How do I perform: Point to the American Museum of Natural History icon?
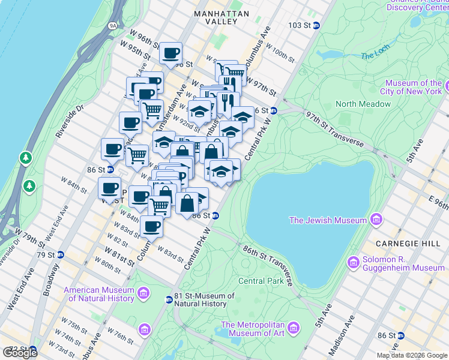pyautogui.click(x=143, y=293)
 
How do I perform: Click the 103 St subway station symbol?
pyautogui.click(x=316, y=25)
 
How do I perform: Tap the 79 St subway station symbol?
pyautogui.click(x=60, y=255)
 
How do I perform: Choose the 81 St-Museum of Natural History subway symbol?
pyautogui.click(x=169, y=299)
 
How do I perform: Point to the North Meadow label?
pyautogui.click(x=363, y=104)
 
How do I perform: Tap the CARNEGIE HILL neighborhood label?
pyautogui.click(x=400, y=244)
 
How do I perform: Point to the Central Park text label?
pyautogui.click(x=261, y=281)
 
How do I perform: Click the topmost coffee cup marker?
pyautogui.click(x=171, y=53)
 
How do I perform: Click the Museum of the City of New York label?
pyautogui.click(x=414, y=87)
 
